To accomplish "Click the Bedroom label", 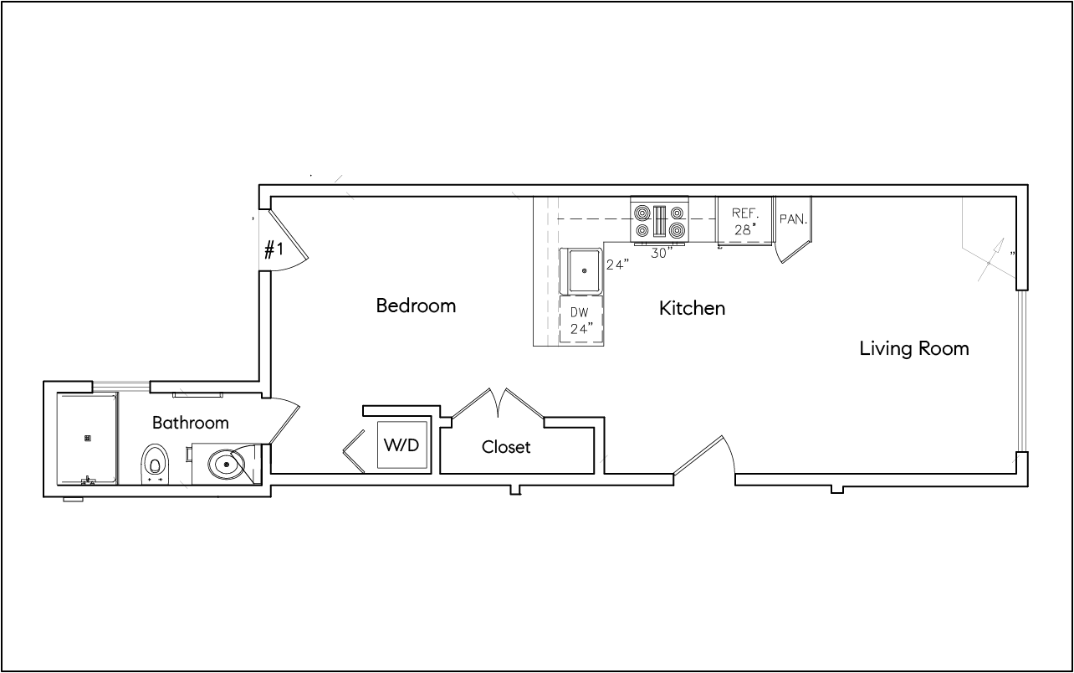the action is [416, 306].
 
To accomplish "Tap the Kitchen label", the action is [692, 308].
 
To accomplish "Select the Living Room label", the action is [914, 348].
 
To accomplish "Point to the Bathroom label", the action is [190, 423].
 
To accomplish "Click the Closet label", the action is [506, 447].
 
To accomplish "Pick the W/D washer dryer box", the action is [401, 444].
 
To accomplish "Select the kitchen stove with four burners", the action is [659, 221].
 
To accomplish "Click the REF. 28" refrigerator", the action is [744, 220].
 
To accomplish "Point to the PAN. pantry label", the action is [792, 219].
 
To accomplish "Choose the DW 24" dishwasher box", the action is [581, 320].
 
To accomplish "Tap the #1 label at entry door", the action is [274, 249].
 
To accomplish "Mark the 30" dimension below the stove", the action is [662, 254].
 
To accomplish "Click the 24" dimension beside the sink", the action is [617, 265].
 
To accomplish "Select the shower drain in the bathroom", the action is [87, 437].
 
